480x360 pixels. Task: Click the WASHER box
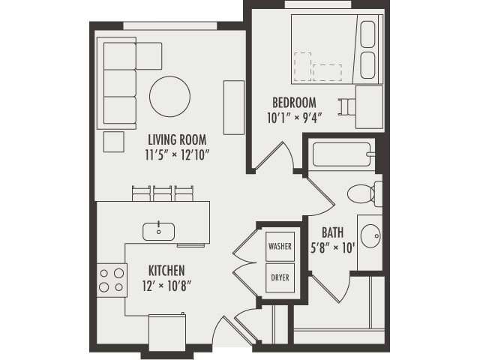coord(280,246)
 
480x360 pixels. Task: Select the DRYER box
coord(280,277)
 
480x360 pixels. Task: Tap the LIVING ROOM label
coord(177,140)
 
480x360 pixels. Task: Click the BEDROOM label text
coord(294,103)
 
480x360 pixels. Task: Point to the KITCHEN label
coord(166,270)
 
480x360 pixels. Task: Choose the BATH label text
coord(332,233)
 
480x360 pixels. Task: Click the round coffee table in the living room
coord(169,96)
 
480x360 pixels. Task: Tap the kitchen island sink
coord(159,230)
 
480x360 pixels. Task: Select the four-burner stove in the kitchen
coord(112,280)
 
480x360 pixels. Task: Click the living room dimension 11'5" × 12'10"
coord(177,155)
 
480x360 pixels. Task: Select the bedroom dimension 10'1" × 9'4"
coord(294,118)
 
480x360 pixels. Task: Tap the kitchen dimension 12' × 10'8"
coord(166,285)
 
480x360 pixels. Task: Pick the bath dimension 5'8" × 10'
coord(332,247)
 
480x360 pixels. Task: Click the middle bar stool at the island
coord(163,193)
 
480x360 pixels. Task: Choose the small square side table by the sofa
coord(113,141)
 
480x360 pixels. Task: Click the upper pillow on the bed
coord(367,35)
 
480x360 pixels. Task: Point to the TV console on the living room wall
coord(234,107)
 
